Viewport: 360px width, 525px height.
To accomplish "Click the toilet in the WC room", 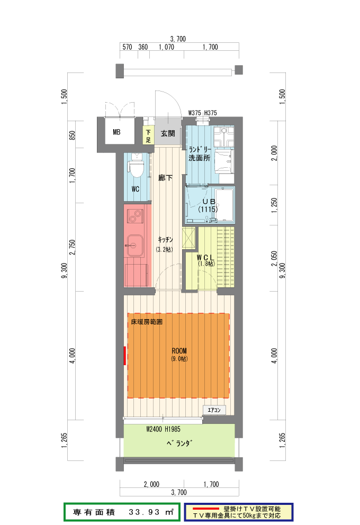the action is pos(136,166).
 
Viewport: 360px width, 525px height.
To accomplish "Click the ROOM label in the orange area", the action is pos(179,351).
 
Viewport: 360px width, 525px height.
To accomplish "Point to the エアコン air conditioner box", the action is pos(214,410).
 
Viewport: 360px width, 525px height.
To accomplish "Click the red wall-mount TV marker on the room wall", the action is pos(125,356).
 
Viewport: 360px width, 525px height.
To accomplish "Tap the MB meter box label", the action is pos(116,132).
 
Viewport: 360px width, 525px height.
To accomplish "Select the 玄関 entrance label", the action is pos(167,133).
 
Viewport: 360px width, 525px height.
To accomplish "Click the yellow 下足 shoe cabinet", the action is pos(148,134).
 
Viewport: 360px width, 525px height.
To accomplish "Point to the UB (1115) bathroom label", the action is pos(208,205).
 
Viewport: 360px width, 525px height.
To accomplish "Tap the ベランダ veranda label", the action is pos(179,443).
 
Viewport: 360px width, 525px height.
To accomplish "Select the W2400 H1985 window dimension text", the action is pos(163,429).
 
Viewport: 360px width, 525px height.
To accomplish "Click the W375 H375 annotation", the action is pos(202,113).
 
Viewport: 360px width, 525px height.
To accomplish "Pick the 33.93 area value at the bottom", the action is pos(144,512).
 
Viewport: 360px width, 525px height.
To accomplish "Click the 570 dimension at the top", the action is pos(127,47).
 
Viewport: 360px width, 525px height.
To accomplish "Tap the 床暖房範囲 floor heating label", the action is pos(147,322).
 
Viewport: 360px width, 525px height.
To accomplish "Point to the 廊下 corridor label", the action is pos(165,178).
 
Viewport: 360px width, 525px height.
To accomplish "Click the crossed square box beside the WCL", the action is pos(188,238).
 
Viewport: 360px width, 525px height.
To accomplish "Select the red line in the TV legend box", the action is pos(206,509).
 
